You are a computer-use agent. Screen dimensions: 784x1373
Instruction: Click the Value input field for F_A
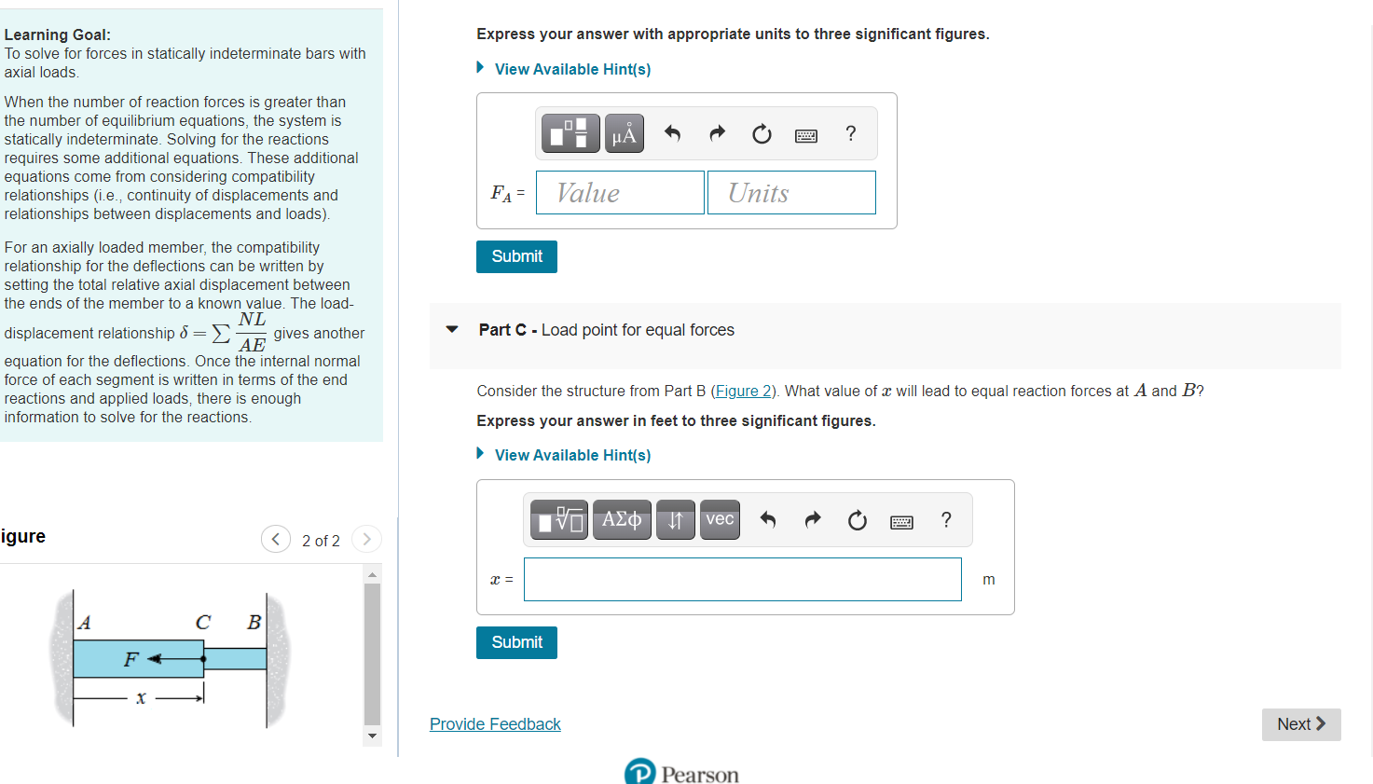(x=620, y=193)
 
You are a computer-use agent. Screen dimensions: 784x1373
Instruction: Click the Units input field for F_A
(x=791, y=193)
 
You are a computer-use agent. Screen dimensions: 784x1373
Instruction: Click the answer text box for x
(x=742, y=580)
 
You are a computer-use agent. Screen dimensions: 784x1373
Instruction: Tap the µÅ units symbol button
(x=624, y=134)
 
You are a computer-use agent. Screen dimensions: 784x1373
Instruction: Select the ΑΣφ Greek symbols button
(x=622, y=520)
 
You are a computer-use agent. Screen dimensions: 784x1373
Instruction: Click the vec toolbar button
(x=720, y=520)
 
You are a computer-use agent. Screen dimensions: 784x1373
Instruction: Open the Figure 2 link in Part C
(x=743, y=392)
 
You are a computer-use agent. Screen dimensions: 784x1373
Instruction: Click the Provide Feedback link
(x=495, y=724)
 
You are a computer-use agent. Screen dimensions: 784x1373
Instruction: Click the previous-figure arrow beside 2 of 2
(x=276, y=539)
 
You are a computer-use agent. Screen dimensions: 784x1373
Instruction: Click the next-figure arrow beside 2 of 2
(x=366, y=539)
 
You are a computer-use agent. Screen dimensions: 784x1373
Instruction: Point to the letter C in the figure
(x=202, y=623)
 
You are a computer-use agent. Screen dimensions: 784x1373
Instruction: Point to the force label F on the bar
(x=131, y=660)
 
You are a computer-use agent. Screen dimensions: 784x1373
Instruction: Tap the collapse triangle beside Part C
(x=452, y=330)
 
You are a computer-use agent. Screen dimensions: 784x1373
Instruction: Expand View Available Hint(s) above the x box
(x=572, y=455)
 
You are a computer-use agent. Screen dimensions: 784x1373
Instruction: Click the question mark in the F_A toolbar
(x=850, y=134)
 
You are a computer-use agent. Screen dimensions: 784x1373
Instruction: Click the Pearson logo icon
(x=640, y=772)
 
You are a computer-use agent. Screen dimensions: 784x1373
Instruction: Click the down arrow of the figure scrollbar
(x=373, y=736)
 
